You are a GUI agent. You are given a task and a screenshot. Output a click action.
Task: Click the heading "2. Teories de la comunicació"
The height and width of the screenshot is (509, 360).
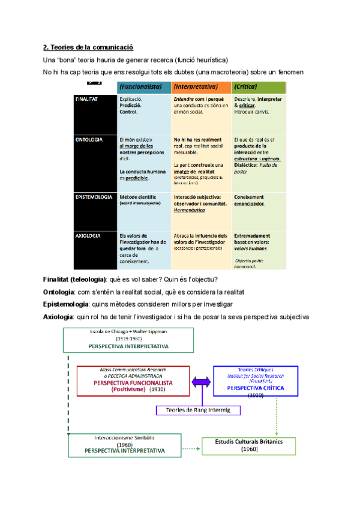tap(88, 47)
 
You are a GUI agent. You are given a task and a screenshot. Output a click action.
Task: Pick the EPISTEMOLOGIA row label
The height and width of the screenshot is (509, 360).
tap(94, 197)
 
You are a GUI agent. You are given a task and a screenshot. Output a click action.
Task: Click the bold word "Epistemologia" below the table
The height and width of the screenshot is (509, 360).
tap(66, 304)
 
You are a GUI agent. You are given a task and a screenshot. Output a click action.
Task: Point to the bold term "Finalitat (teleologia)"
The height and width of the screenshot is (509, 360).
tap(75, 280)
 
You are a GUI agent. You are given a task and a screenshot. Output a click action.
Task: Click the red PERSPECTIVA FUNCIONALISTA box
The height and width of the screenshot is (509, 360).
tap(133, 381)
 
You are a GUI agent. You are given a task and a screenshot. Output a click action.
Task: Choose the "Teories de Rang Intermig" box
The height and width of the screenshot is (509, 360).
tap(198, 411)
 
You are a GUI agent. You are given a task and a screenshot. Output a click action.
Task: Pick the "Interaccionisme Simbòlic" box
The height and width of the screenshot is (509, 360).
tap(124, 444)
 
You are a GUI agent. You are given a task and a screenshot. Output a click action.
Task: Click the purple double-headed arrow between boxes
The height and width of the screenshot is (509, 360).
tap(201, 382)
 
